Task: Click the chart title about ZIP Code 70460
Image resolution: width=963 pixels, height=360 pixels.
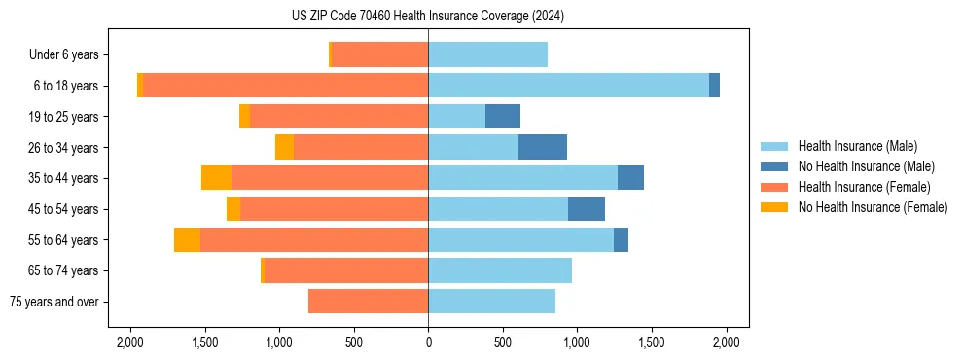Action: coord(428,17)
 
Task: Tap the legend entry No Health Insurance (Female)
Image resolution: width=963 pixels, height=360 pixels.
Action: coord(873,207)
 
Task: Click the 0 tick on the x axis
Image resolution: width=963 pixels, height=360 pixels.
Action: coord(428,342)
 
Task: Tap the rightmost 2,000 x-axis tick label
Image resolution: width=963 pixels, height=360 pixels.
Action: coord(727,342)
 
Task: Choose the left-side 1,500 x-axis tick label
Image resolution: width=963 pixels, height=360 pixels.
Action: coord(204,342)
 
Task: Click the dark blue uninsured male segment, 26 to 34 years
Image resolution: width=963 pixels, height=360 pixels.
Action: coord(543,147)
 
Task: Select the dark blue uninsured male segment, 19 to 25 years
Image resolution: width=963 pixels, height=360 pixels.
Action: coord(503,117)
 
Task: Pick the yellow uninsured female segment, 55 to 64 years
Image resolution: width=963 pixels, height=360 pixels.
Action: coord(187,239)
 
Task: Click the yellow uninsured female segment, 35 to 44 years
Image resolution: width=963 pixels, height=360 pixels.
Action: coord(216,178)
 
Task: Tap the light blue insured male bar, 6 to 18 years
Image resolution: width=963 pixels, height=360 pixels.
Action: coord(568,86)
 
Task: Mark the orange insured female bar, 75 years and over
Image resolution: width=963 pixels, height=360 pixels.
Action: coord(368,302)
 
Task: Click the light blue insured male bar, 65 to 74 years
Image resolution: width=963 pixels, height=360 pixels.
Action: coord(500,270)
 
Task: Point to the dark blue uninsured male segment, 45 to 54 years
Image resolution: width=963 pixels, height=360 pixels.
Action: coord(587,209)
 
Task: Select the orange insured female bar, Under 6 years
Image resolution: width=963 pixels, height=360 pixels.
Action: coord(379,54)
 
